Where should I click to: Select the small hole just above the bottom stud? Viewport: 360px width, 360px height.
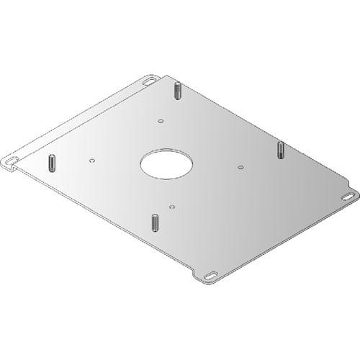tap(171, 207)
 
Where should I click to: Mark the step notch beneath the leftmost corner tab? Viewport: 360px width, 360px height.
tap(18, 170)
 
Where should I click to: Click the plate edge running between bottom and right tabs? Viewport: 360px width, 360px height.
tap(281, 238)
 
